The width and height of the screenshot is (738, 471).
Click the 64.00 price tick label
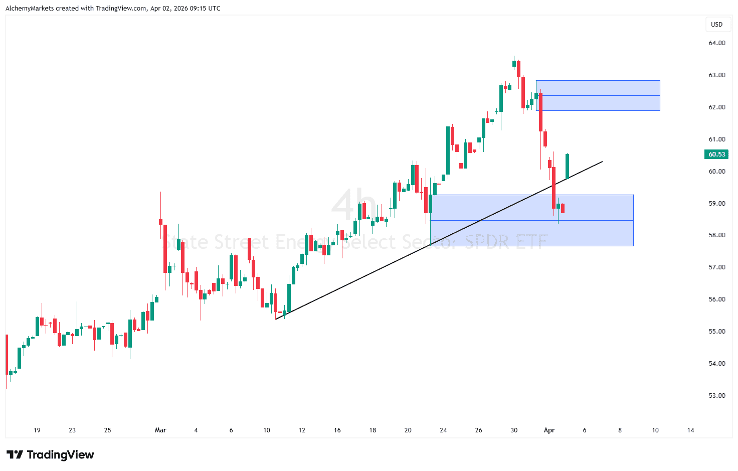pyautogui.click(x=716, y=43)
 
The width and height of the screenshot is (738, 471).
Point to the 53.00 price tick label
pyautogui.click(x=716, y=396)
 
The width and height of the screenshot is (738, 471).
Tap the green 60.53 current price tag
pyautogui.click(x=716, y=154)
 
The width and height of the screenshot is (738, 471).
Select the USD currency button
pyautogui.click(x=716, y=25)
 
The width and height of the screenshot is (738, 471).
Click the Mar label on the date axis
pyautogui.click(x=160, y=430)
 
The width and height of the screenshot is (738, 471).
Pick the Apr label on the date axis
pyautogui.click(x=549, y=430)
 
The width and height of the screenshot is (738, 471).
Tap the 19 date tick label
pyautogui.click(x=37, y=430)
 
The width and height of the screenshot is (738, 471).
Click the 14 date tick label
pyautogui.click(x=690, y=430)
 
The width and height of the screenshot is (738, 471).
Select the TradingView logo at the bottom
pyautogui.click(x=50, y=455)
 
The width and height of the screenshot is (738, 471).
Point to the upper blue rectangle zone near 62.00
pyautogui.click(x=598, y=95)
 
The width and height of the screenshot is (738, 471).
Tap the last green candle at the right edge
pyautogui.click(x=568, y=167)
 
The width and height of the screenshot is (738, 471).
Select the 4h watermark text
pyautogui.click(x=353, y=205)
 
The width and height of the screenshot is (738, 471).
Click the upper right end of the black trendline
pyautogui.click(x=602, y=162)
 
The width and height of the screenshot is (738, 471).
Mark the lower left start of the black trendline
pyautogui.click(x=276, y=319)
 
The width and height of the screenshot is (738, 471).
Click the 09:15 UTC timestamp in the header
pyautogui.click(x=204, y=9)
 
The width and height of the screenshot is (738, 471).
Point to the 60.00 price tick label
pyautogui.click(x=716, y=172)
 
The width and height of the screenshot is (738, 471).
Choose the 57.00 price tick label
pyautogui.click(x=716, y=267)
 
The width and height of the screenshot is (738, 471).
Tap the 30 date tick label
pyautogui.click(x=514, y=430)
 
